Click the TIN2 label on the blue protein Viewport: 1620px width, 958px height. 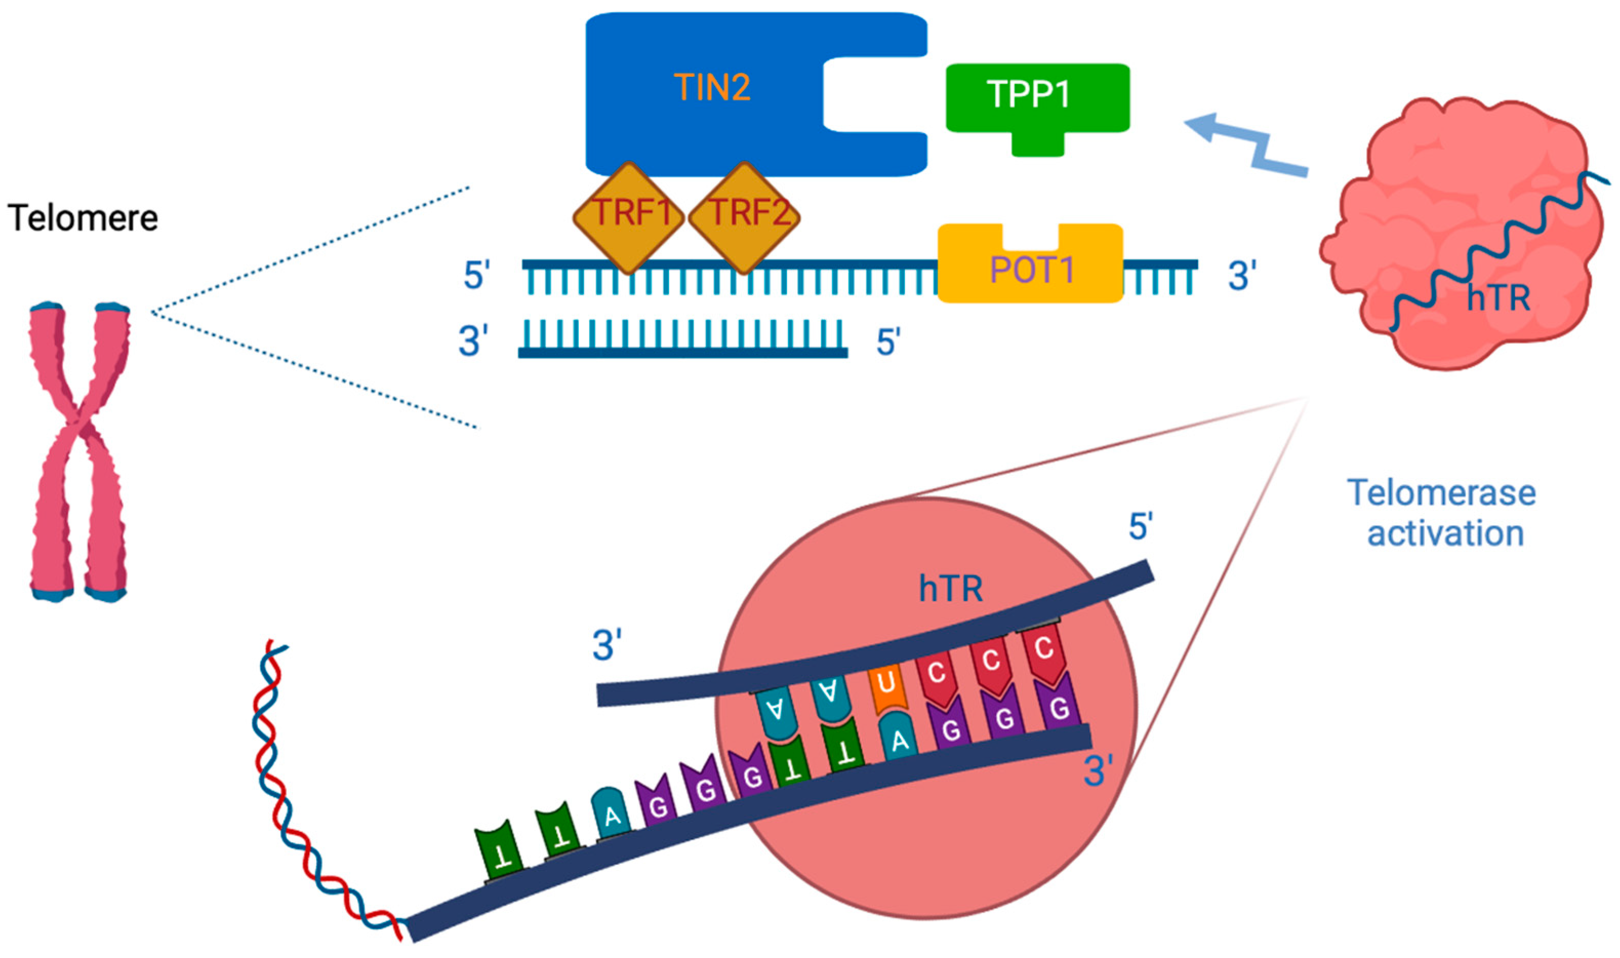712,87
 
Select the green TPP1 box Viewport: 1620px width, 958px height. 1037,98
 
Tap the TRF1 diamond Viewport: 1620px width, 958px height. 629,216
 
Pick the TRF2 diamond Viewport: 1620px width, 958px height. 745,216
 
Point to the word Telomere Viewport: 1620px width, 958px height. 83,218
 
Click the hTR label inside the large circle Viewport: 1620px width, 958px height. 951,589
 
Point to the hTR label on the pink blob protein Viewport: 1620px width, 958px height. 1498,298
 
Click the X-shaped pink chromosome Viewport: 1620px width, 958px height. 79,452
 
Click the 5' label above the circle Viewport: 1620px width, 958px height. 1141,527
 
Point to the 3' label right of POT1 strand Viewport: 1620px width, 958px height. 1242,276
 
